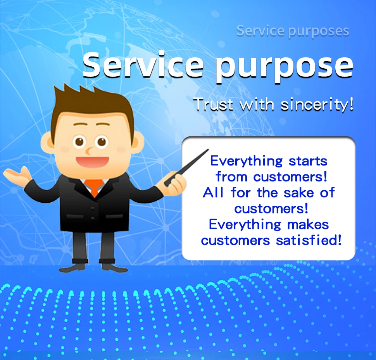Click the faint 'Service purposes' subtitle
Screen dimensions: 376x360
click(x=293, y=31)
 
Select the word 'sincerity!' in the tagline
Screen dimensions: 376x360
click(x=317, y=105)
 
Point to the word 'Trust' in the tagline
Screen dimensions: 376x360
click(x=214, y=105)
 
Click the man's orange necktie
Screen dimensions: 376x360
click(x=94, y=187)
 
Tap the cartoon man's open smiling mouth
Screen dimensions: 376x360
click(x=93, y=162)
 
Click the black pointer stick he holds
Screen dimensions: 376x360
click(x=186, y=167)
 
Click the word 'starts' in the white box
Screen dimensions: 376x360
click(x=308, y=161)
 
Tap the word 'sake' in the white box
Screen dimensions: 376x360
click(x=298, y=193)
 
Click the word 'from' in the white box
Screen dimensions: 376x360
click(x=231, y=177)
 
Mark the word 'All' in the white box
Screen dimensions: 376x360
click(x=213, y=193)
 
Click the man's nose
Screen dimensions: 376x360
click(x=89, y=151)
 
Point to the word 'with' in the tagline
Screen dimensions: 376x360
click(x=257, y=105)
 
